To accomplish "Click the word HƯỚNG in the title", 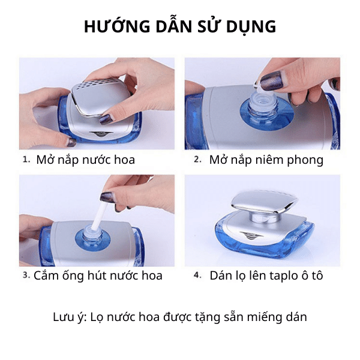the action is (117, 26).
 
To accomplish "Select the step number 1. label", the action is (26, 160).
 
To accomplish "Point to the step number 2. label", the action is (197, 160).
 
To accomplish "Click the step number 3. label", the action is (26, 275).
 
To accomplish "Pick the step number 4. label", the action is (197, 275).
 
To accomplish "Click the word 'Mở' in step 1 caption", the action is (46, 160).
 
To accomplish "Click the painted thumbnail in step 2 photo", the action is (272, 79).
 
